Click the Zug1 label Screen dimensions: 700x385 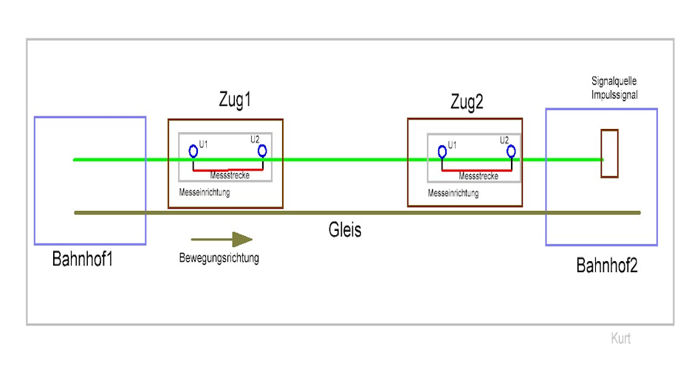pos(235,100)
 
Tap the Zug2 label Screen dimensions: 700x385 pos(467,103)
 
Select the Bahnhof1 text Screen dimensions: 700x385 pos(82,259)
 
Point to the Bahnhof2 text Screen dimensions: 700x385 pos(607,266)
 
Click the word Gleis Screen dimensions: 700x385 pos(345,230)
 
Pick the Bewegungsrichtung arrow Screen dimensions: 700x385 pos(222,240)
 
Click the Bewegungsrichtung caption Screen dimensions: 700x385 pos(219,258)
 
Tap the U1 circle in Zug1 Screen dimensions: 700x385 pos(193,152)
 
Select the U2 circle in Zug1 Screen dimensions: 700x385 pos(263,151)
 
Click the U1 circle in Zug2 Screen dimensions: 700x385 pos(442,152)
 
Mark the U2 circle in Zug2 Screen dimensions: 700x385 pos(511,152)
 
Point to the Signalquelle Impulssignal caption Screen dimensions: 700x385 pos(614,88)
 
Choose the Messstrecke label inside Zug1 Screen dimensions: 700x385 pos(230,176)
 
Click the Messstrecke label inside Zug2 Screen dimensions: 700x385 pos(478,176)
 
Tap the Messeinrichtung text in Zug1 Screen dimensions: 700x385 pos(205,192)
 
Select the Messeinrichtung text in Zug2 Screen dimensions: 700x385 pos(453,193)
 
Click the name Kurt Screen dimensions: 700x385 pos(620,339)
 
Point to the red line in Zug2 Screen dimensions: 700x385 pos(477,170)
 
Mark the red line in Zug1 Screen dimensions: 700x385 pos(228,170)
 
